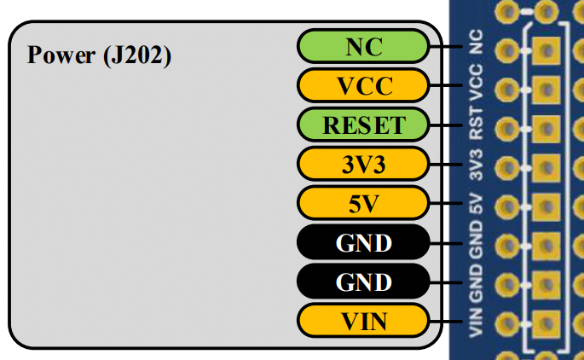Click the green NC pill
point(363,47)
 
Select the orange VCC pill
point(363,86)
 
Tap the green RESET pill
point(363,125)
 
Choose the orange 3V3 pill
point(363,165)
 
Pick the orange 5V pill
point(363,204)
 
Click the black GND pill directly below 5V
point(363,243)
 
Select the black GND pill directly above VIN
point(363,282)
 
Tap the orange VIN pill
point(363,322)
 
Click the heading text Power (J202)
point(100,56)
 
